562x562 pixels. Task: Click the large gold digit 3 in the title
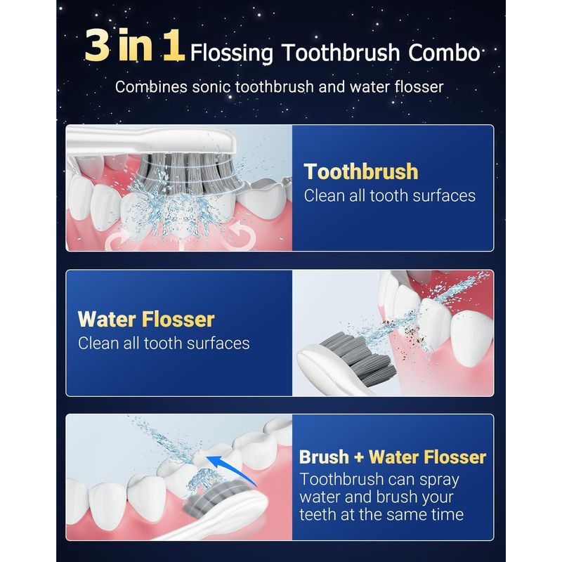[97, 46]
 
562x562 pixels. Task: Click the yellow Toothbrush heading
[361, 171]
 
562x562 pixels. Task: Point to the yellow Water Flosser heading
[146, 319]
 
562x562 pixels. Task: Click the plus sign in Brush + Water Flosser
[359, 457]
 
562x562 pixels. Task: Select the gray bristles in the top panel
[188, 171]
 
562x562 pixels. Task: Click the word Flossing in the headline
[231, 54]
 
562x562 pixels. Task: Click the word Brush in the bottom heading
[324, 457]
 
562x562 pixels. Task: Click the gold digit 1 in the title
[174, 46]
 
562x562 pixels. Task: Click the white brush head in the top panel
[150, 139]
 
